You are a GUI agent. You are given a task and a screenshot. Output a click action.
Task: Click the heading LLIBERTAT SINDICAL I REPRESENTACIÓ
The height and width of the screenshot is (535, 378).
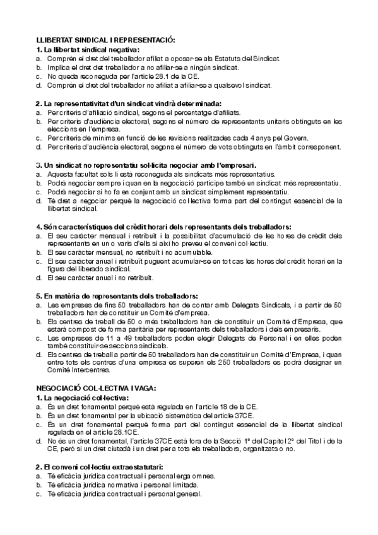point(106,39)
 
